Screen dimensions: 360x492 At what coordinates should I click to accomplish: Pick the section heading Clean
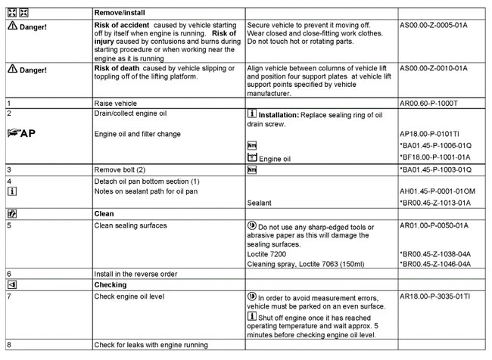click(104, 214)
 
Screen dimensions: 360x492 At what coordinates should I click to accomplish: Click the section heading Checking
click(111, 285)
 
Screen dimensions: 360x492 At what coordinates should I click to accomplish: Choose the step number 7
click(7, 296)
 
